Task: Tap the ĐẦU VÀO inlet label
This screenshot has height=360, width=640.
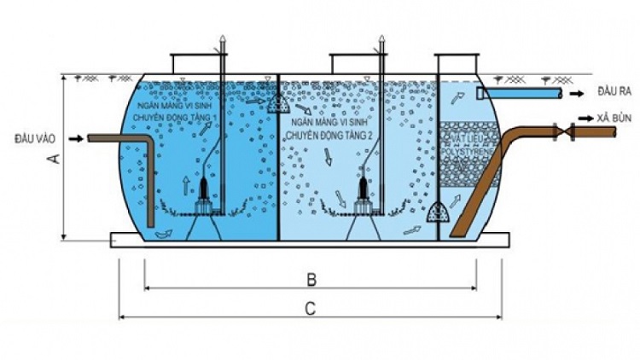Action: (34, 137)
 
